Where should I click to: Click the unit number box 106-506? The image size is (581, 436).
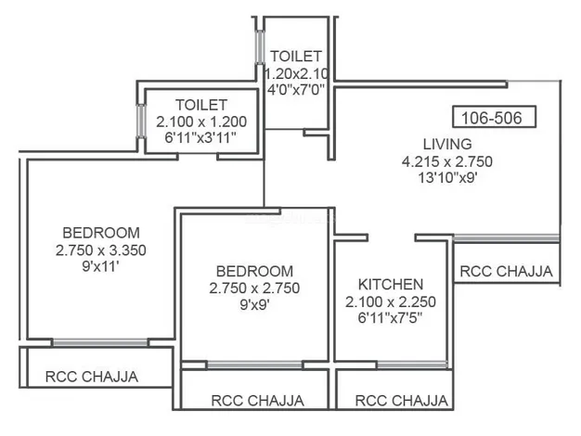pos(494,117)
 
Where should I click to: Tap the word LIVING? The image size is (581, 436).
pos(447,144)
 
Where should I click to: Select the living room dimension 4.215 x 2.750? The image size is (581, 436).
pos(447,161)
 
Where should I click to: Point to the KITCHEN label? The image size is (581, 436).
pos(391,285)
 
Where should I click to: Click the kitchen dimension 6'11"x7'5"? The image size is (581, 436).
pos(391,318)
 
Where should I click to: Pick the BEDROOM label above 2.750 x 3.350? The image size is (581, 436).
pos(101,233)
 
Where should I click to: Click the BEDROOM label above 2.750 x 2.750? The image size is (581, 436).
pos(254,272)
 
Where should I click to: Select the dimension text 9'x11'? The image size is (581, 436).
pos(100,266)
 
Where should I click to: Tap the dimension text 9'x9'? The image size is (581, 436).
pos(254,305)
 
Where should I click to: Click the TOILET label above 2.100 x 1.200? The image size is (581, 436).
pos(201,105)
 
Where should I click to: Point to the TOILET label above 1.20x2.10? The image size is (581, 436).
pos(296,57)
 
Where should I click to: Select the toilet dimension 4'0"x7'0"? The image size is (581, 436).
pos(296,90)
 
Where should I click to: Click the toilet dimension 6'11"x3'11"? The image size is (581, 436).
pos(200,138)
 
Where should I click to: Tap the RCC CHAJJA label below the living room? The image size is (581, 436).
pos(506,272)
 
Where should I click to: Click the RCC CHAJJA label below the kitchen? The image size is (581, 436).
pos(401,401)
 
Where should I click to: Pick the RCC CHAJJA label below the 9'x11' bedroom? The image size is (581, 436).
pos(92,377)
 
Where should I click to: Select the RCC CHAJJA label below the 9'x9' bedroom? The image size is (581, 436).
pos(257,401)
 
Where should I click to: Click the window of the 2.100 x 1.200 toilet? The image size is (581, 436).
pos(141,122)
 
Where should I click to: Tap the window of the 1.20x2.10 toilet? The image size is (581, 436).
pos(260,47)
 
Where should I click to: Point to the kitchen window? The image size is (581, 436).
pos(412,365)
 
